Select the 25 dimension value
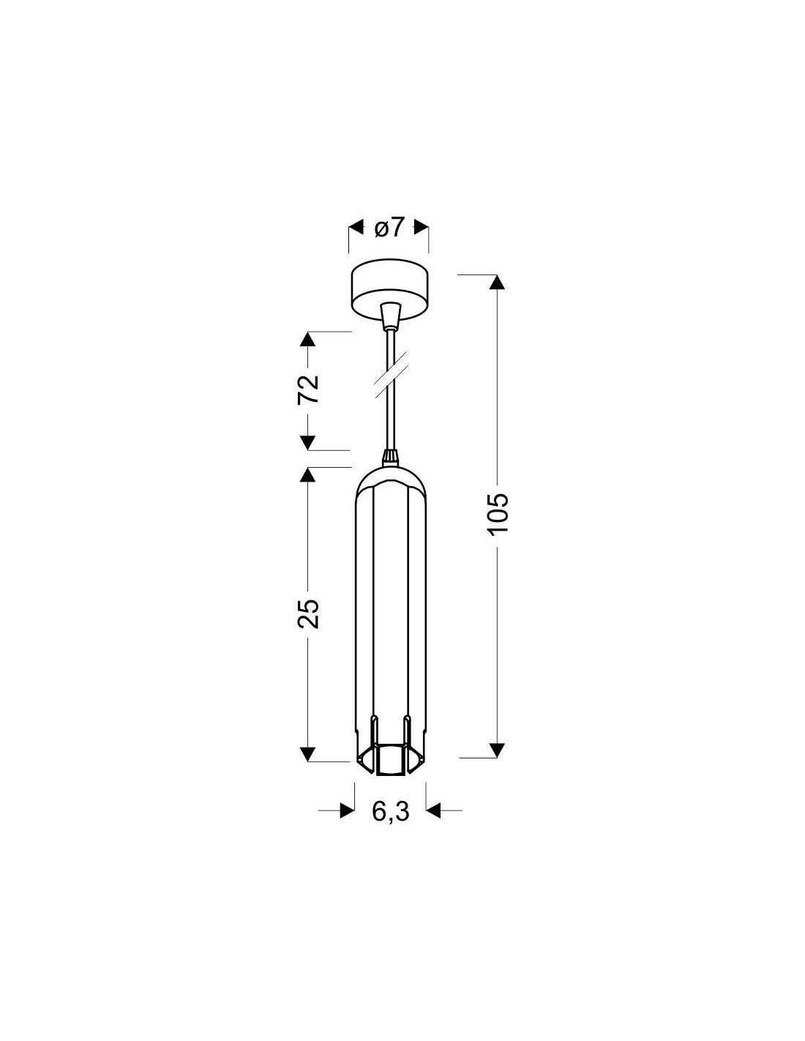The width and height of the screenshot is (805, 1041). pyautogui.click(x=308, y=613)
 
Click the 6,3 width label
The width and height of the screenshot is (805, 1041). pyautogui.click(x=390, y=811)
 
